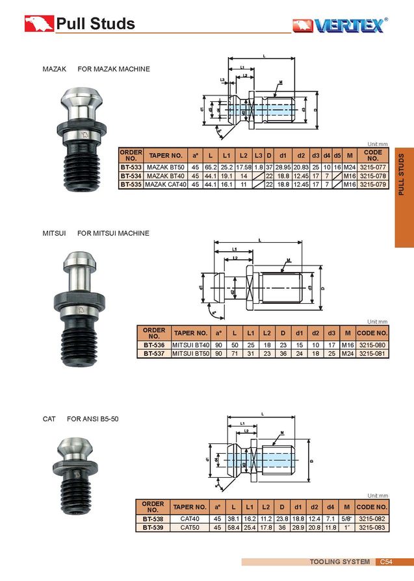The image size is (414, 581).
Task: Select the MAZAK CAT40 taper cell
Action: click(x=165, y=184)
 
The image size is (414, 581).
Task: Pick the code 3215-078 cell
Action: click(x=373, y=176)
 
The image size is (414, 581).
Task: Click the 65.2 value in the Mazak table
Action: click(x=210, y=167)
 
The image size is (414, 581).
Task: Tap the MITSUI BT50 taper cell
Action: click(x=190, y=354)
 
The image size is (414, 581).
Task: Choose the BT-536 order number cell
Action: click(x=154, y=345)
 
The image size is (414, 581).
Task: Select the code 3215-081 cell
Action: click(x=372, y=354)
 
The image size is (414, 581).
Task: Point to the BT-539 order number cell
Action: click(x=153, y=528)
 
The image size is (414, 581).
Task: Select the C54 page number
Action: click(x=386, y=562)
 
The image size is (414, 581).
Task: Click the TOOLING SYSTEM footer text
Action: click(x=339, y=562)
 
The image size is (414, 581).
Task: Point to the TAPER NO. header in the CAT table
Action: click(x=190, y=506)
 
